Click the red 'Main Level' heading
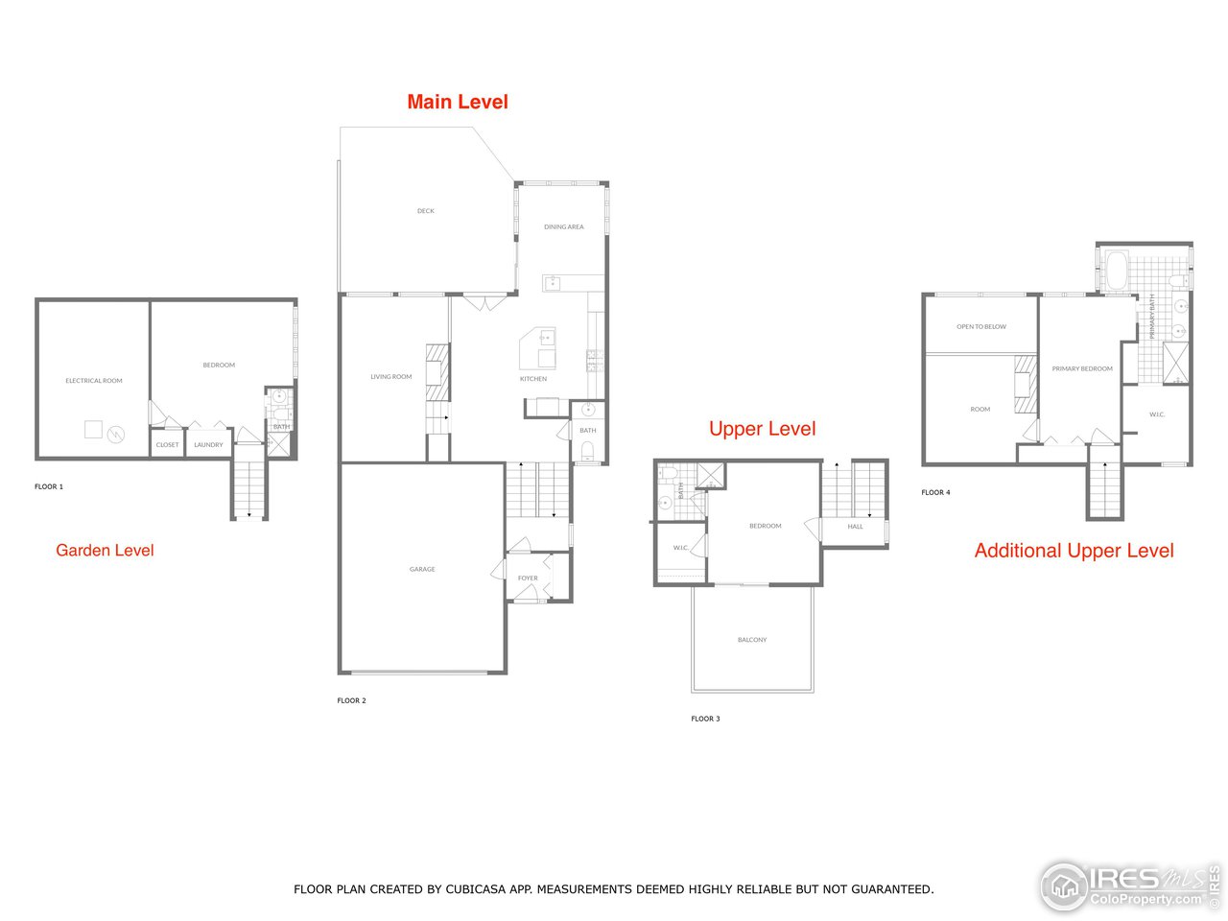click(x=458, y=102)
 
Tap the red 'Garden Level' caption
click(x=105, y=550)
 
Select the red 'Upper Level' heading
click(x=762, y=429)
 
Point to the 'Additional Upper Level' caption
click(x=1074, y=551)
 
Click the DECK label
click(x=425, y=211)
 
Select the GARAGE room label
click(x=422, y=570)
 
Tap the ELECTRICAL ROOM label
click(x=94, y=381)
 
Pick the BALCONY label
click(x=752, y=640)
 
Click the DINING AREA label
click(x=563, y=227)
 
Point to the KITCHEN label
click(x=533, y=379)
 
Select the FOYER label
click(x=528, y=579)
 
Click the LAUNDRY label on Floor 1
click(x=208, y=445)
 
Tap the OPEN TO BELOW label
click(x=981, y=327)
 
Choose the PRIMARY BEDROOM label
click(x=1082, y=369)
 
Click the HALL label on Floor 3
click(x=855, y=527)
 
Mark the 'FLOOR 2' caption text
click(x=351, y=701)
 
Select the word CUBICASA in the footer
click(x=477, y=889)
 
